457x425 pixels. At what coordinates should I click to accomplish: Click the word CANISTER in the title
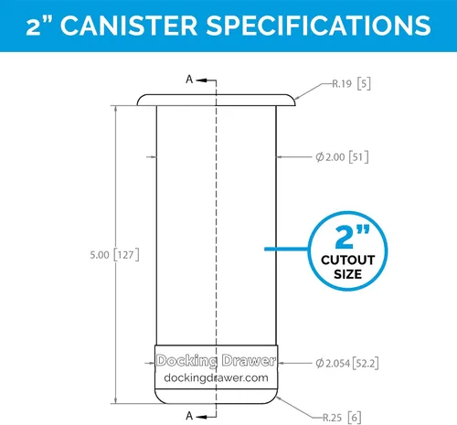[129, 26]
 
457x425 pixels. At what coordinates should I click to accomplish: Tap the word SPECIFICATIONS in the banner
[319, 26]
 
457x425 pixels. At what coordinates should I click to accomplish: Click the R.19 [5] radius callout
[351, 83]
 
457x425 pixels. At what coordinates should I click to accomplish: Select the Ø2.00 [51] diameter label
[342, 157]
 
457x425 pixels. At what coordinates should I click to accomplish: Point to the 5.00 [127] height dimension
[114, 255]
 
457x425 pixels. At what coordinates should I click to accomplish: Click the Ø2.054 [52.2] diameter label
[347, 363]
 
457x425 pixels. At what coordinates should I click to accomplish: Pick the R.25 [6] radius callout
[342, 417]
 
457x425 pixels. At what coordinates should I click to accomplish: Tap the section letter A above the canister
[189, 80]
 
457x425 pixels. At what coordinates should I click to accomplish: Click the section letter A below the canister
[189, 416]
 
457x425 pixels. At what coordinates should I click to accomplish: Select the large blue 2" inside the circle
[352, 237]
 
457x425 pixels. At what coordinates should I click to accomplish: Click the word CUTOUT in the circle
[348, 260]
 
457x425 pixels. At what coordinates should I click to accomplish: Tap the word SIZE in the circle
[348, 274]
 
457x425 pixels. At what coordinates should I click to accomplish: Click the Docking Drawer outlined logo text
[216, 360]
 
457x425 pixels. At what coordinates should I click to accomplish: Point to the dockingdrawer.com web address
[216, 377]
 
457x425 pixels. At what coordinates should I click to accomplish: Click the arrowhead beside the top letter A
[202, 80]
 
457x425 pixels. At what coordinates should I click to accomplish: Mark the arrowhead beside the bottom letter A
[202, 417]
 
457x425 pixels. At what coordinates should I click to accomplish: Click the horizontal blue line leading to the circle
[286, 249]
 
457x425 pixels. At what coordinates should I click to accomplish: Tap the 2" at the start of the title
[38, 26]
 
